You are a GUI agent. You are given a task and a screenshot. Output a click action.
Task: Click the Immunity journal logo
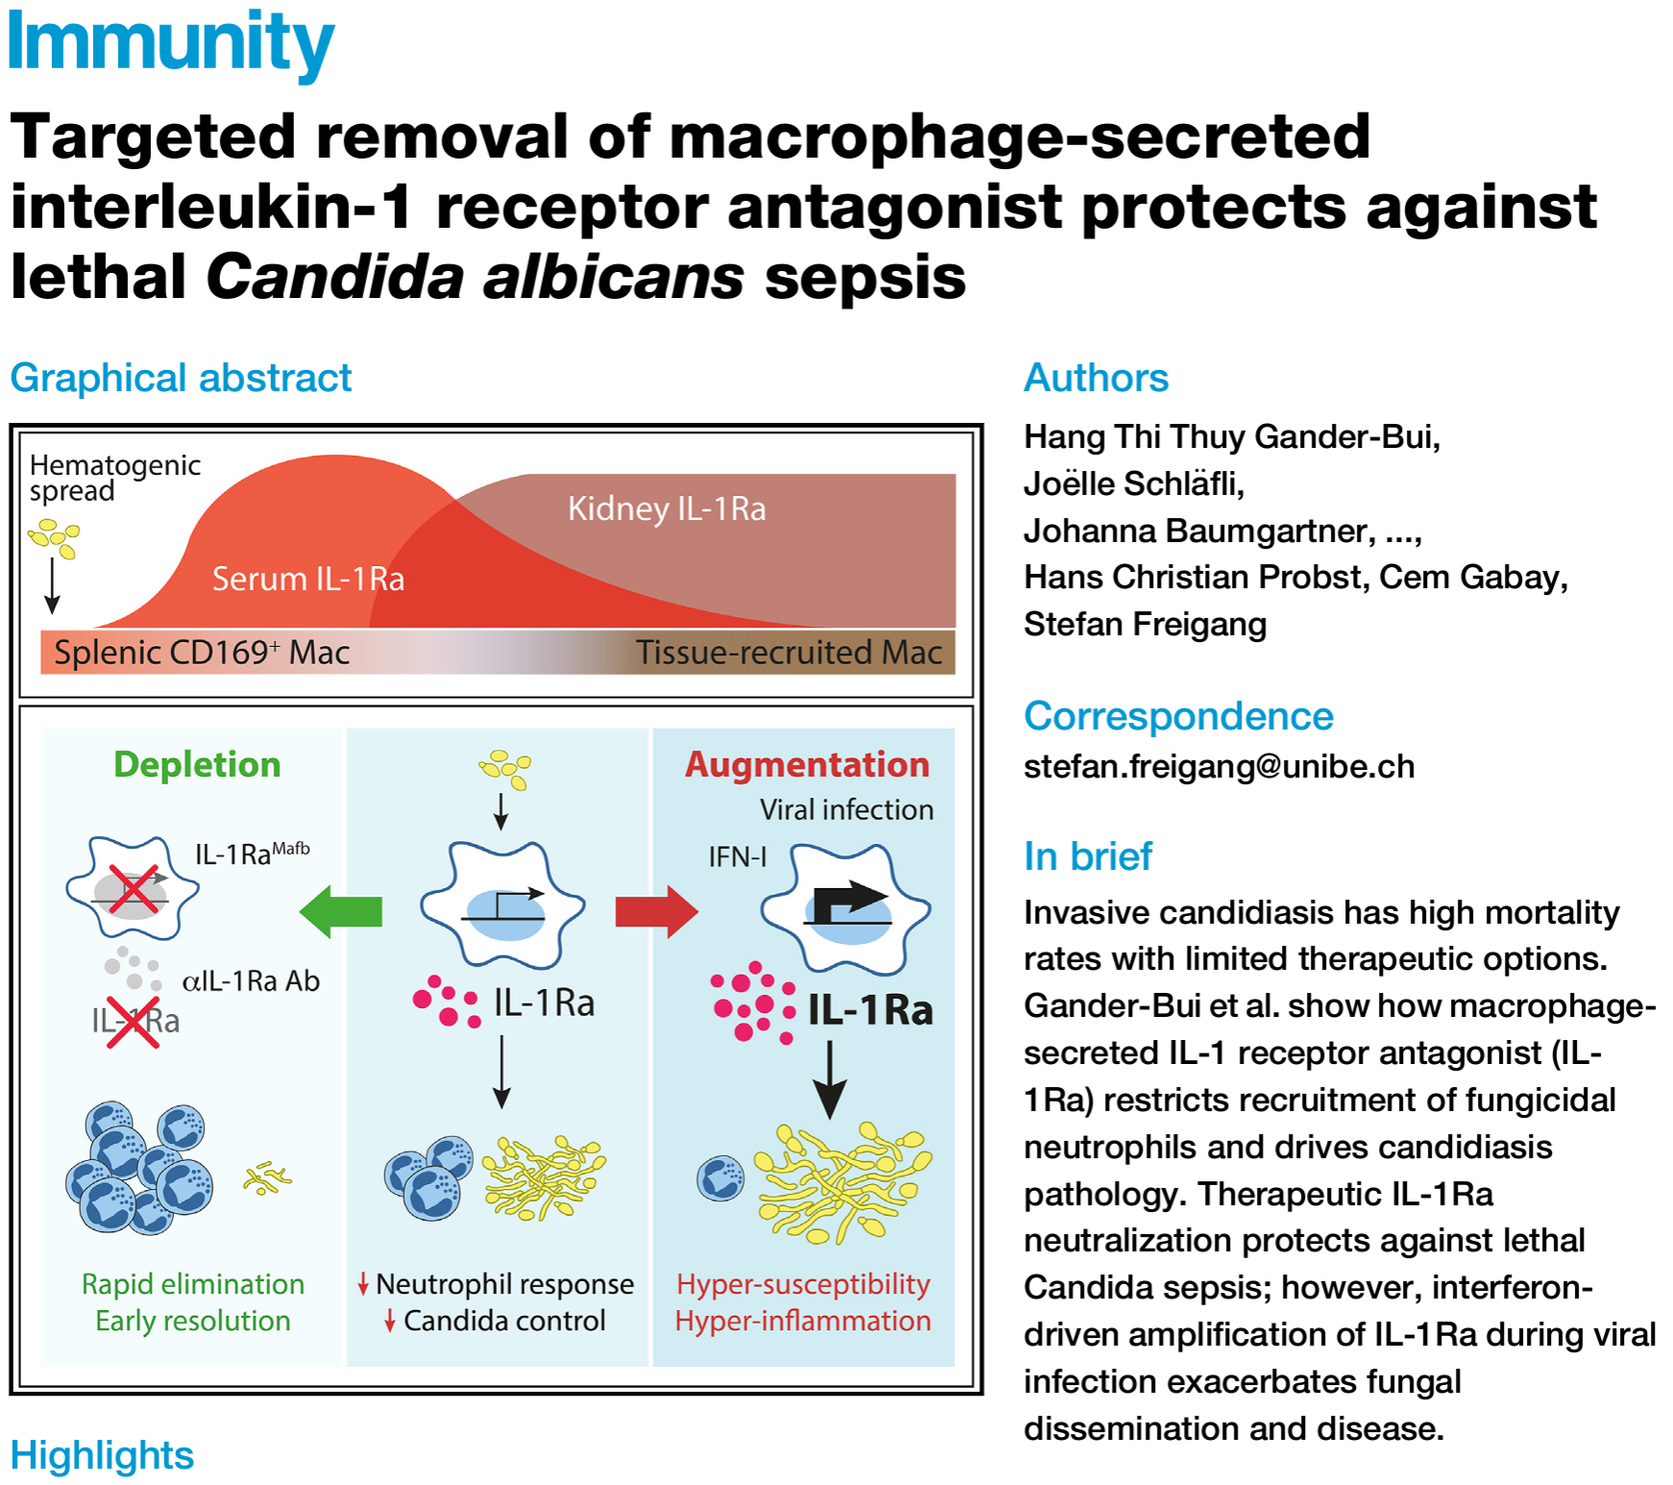tap(170, 43)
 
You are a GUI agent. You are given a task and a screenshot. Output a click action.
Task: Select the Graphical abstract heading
tap(181, 378)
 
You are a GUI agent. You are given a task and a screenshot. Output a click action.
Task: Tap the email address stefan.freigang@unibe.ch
tap(1218, 766)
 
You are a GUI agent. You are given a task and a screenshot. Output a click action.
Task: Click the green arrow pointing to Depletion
tap(341, 911)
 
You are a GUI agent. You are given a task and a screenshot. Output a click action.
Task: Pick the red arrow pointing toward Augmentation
tap(656, 911)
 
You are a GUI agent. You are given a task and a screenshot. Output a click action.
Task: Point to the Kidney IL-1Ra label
tap(667, 508)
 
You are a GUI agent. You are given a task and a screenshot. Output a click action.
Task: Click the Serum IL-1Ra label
tap(308, 579)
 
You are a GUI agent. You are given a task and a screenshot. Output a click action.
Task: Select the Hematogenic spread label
tap(114, 478)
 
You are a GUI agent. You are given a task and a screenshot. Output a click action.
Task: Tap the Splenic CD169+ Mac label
tap(201, 653)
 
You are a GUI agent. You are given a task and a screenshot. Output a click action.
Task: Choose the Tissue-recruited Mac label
tap(788, 653)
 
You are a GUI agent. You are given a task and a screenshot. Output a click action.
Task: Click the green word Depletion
tap(197, 764)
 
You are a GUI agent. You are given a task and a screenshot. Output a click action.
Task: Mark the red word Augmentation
tap(807, 764)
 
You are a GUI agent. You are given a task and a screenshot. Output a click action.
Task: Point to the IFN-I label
tap(737, 856)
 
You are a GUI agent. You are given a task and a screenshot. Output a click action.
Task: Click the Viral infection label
tap(847, 809)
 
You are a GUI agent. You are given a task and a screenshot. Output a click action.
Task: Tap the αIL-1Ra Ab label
tap(251, 980)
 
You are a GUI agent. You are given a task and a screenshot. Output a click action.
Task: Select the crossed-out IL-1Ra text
tap(135, 1021)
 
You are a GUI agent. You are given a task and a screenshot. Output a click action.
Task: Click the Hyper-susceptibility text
tap(803, 1284)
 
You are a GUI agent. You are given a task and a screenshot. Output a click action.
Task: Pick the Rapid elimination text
tap(192, 1284)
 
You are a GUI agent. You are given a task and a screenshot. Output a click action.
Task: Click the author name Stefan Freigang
tap(1144, 624)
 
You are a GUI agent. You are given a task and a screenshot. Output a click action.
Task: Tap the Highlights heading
tap(102, 1455)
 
